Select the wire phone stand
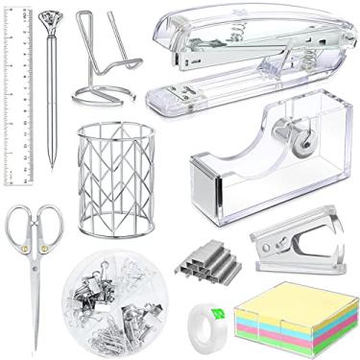(x=96, y=67)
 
